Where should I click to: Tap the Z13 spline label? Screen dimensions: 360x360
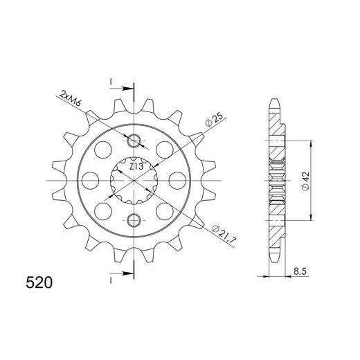coord(136,166)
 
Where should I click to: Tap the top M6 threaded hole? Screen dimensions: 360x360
coord(135,142)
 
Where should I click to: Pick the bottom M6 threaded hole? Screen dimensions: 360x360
coord(135,221)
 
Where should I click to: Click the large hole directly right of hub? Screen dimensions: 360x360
coord(180,181)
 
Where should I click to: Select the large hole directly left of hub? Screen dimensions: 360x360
coord(90,181)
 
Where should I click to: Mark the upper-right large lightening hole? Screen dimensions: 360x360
coord(166,150)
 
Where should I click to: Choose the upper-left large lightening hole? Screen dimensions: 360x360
coord(104,150)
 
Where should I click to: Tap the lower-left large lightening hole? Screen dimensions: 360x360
coord(104,213)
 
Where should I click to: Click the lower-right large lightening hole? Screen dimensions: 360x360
coord(166,213)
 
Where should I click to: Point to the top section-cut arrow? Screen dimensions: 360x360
coord(125,89)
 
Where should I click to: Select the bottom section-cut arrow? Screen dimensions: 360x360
coord(125,275)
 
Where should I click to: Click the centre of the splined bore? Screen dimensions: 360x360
coord(135,181)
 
